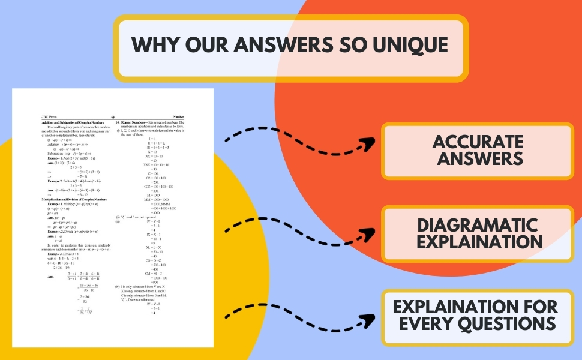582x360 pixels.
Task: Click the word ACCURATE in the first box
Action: pyautogui.click(x=478, y=142)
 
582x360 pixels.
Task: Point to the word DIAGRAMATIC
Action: pyautogui.click(x=478, y=226)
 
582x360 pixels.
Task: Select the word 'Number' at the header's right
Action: pyautogui.click(x=178, y=117)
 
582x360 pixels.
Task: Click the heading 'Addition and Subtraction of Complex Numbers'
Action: pyautogui.click(x=73, y=122)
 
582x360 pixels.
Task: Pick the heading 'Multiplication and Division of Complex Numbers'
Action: pyautogui.click(x=74, y=199)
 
